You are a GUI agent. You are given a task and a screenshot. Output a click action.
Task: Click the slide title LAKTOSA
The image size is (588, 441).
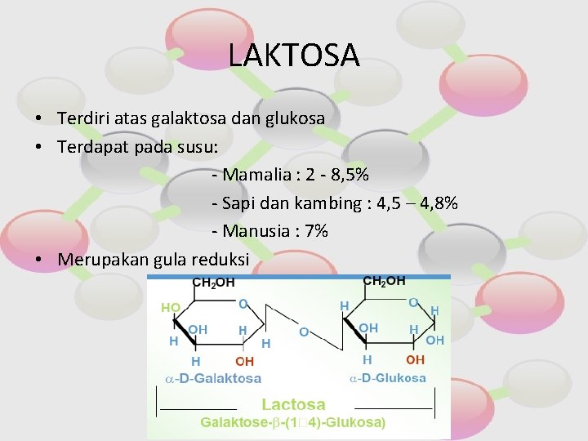point(293,55)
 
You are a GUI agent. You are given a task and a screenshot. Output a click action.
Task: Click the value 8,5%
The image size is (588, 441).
point(350,175)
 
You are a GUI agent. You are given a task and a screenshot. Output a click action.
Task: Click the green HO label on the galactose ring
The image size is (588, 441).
point(171,308)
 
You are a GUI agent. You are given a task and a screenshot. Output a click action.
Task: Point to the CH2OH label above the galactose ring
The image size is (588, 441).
point(213,283)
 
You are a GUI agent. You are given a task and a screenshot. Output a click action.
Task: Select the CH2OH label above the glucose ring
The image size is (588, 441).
point(384,281)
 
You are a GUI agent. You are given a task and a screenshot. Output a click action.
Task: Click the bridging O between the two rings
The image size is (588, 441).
point(303,332)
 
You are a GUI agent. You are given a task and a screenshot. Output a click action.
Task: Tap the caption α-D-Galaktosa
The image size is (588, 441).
point(213,378)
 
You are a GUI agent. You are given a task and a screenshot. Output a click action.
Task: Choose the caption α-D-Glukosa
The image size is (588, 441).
point(388,378)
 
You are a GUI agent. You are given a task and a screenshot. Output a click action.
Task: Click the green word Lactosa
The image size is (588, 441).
point(293,404)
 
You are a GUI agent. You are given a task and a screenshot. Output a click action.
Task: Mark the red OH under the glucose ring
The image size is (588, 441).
point(415,359)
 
